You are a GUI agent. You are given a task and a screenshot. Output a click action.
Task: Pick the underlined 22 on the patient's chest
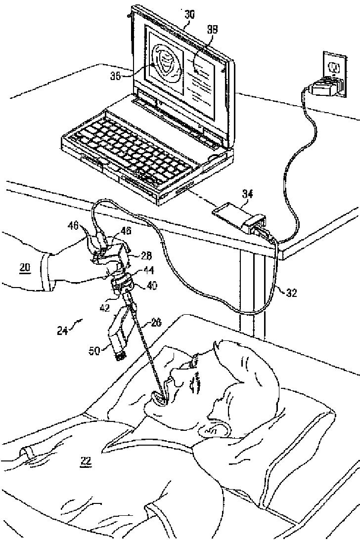click(x=86, y=461)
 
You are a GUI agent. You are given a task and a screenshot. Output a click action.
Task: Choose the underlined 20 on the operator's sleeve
click(x=25, y=268)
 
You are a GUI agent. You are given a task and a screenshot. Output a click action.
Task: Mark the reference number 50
click(x=94, y=351)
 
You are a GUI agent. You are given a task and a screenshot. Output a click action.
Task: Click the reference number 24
click(x=63, y=330)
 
